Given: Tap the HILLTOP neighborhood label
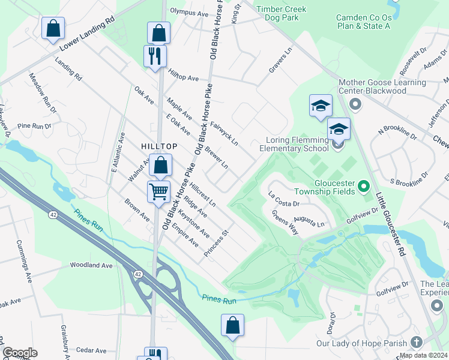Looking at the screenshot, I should point(159,146).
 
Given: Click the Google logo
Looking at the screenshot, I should point(20,352).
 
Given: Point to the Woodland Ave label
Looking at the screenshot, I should point(91,265).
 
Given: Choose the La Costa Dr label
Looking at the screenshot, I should point(284,203).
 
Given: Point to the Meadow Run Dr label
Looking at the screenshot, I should point(43,93).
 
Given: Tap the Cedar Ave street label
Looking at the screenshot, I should point(91,350).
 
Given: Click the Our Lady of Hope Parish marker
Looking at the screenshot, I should point(417,343).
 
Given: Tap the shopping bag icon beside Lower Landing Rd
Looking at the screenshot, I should point(53,28).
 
